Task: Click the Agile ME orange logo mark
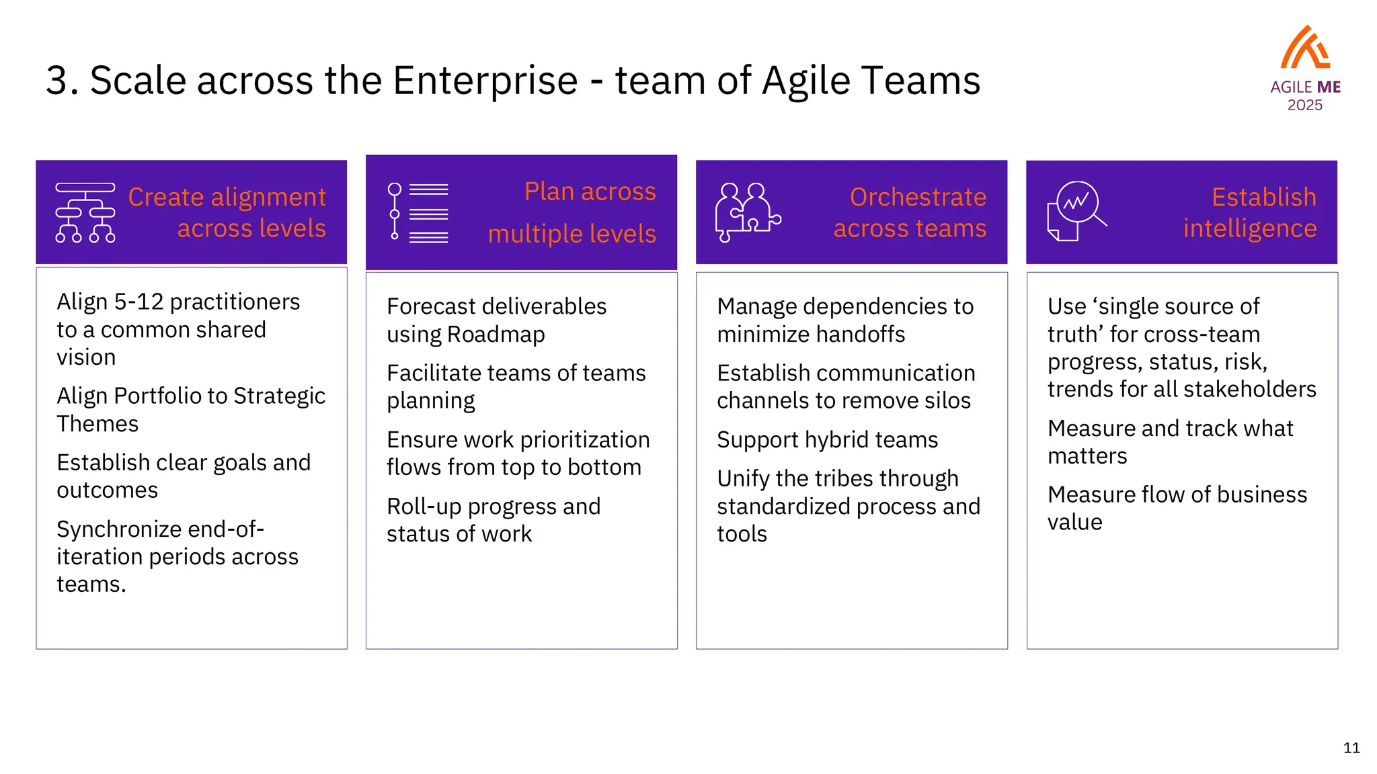(x=1305, y=48)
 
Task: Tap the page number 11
(x=1351, y=748)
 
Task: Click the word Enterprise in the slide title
(x=485, y=81)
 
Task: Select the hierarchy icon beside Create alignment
(x=85, y=212)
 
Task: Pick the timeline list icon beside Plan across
(x=418, y=212)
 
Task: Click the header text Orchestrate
(x=918, y=197)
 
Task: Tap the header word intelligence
(x=1250, y=228)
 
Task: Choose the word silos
(x=947, y=400)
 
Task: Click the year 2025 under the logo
(x=1304, y=105)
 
